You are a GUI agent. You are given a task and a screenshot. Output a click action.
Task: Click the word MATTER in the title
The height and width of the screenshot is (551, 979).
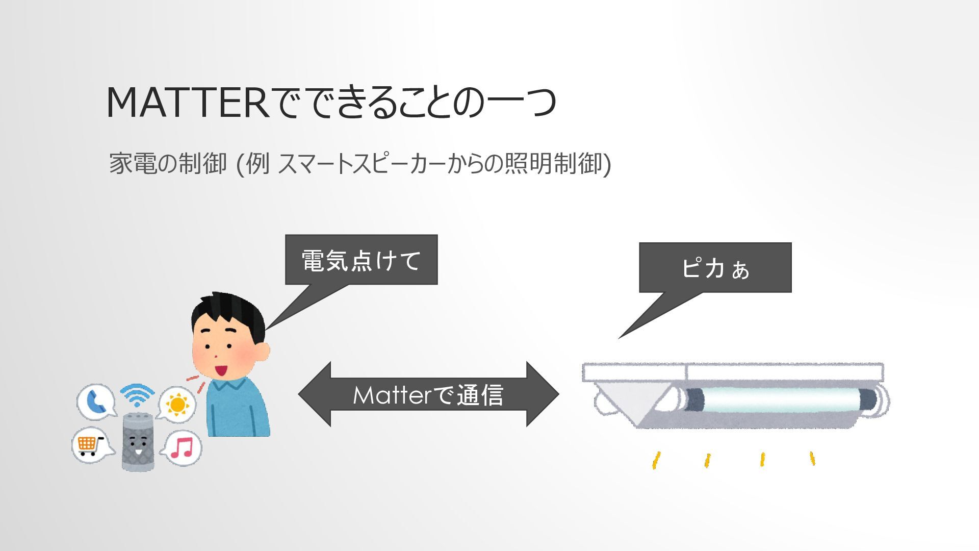(187, 103)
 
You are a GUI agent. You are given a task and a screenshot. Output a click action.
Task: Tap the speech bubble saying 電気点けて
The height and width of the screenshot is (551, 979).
(361, 260)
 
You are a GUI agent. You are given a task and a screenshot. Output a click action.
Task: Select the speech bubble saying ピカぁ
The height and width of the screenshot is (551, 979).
(715, 267)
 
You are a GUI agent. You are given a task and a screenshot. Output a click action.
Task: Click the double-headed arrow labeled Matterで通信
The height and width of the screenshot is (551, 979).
(428, 394)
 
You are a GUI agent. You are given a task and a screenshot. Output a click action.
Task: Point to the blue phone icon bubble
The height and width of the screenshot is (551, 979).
(95, 401)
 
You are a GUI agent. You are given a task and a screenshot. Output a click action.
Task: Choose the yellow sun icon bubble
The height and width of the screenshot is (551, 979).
(177, 404)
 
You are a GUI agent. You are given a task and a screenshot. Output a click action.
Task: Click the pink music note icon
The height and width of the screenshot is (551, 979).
(182, 448)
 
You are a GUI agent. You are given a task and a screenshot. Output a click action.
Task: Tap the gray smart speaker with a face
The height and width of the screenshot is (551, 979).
(138, 441)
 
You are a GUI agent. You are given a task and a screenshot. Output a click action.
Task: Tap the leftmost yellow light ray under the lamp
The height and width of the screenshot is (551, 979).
(657, 460)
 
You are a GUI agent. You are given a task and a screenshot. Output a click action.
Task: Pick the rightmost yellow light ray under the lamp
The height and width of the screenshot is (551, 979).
(812, 458)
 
